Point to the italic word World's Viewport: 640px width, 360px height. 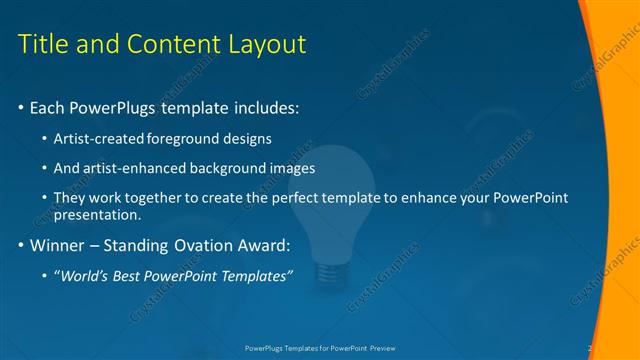coord(85,275)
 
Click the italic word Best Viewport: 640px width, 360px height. coord(130,275)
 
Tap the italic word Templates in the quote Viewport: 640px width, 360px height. coord(254,275)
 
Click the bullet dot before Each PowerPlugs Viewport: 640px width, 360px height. coord(22,107)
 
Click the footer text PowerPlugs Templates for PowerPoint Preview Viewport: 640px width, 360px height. coord(320,349)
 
